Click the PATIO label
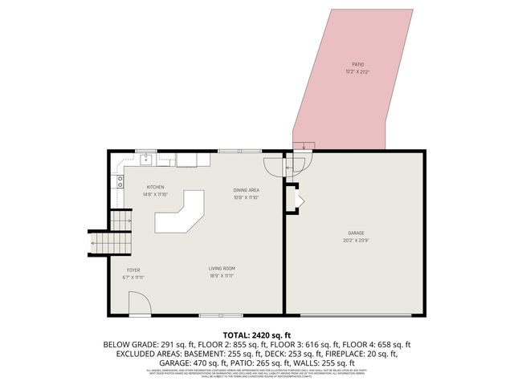358,64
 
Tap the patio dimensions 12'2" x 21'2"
358,71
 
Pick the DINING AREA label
245,190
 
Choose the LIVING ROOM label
222,269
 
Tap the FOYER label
133,270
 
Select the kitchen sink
147,159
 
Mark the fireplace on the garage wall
293,198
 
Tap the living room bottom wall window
210,314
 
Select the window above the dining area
230,151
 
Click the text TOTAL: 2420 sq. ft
257,334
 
